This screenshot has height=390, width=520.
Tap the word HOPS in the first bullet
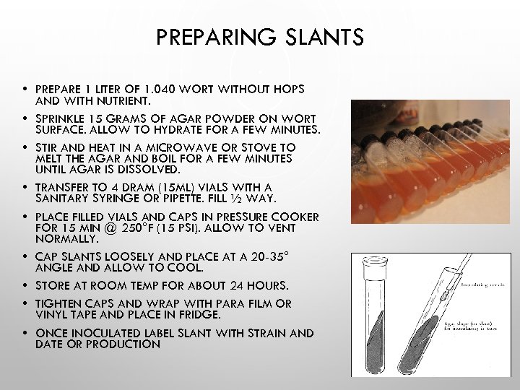point(289,90)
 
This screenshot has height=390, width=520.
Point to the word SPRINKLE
point(61,118)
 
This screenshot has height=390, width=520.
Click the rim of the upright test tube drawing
point(370,262)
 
